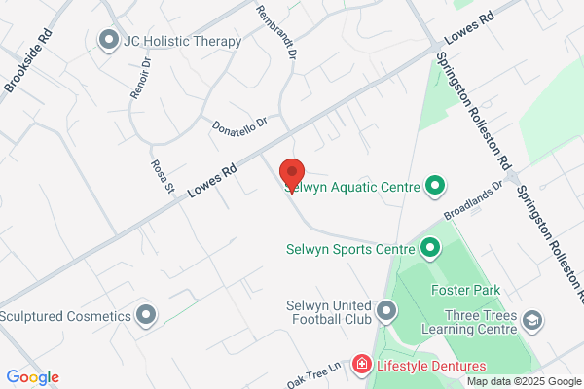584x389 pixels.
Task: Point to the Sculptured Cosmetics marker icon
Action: point(146,315)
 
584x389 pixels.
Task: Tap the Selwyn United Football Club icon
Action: point(387,311)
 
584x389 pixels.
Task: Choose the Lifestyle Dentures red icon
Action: point(361,365)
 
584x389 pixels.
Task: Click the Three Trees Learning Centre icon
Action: point(532,319)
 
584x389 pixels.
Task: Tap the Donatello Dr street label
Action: point(237,124)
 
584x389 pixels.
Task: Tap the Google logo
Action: point(32,377)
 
